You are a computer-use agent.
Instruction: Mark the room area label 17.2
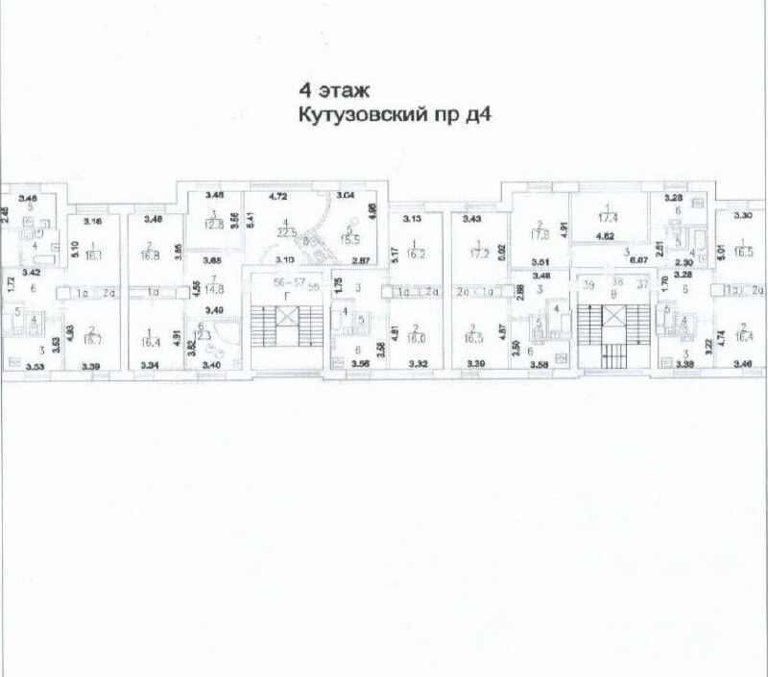pyautogui.click(x=477, y=256)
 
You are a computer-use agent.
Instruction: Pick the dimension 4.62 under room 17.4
pyautogui.click(x=606, y=235)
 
